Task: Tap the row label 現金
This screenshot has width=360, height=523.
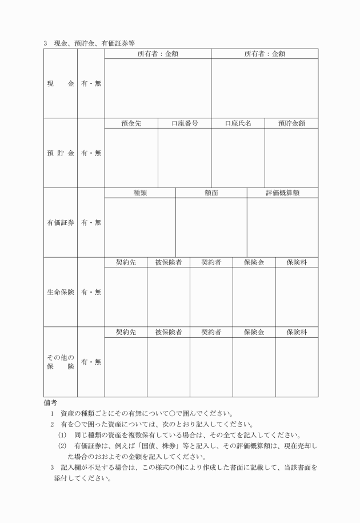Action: [60, 84]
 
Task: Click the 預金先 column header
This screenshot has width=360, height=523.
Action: [131, 123]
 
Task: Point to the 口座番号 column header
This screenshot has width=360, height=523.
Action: [185, 123]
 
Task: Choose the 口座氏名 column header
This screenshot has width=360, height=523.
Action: [238, 123]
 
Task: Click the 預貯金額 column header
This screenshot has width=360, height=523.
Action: [291, 123]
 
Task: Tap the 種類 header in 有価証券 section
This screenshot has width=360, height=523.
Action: [140, 193]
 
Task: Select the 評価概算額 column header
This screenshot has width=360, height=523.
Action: [282, 193]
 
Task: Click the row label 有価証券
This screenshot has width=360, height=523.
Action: [60, 222]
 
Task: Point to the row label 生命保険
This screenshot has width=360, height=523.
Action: [60, 292]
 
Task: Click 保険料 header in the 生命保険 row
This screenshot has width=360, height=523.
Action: [297, 262]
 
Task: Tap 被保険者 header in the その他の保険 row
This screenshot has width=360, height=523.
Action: [168, 332]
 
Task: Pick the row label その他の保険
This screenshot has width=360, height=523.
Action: [60, 362]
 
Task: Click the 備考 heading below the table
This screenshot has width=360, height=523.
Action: [50, 403]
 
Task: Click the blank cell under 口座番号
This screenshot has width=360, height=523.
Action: [185, 158]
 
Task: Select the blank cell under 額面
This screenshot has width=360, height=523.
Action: [211, 227]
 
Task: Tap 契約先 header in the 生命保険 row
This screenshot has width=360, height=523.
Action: [126, 262]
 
